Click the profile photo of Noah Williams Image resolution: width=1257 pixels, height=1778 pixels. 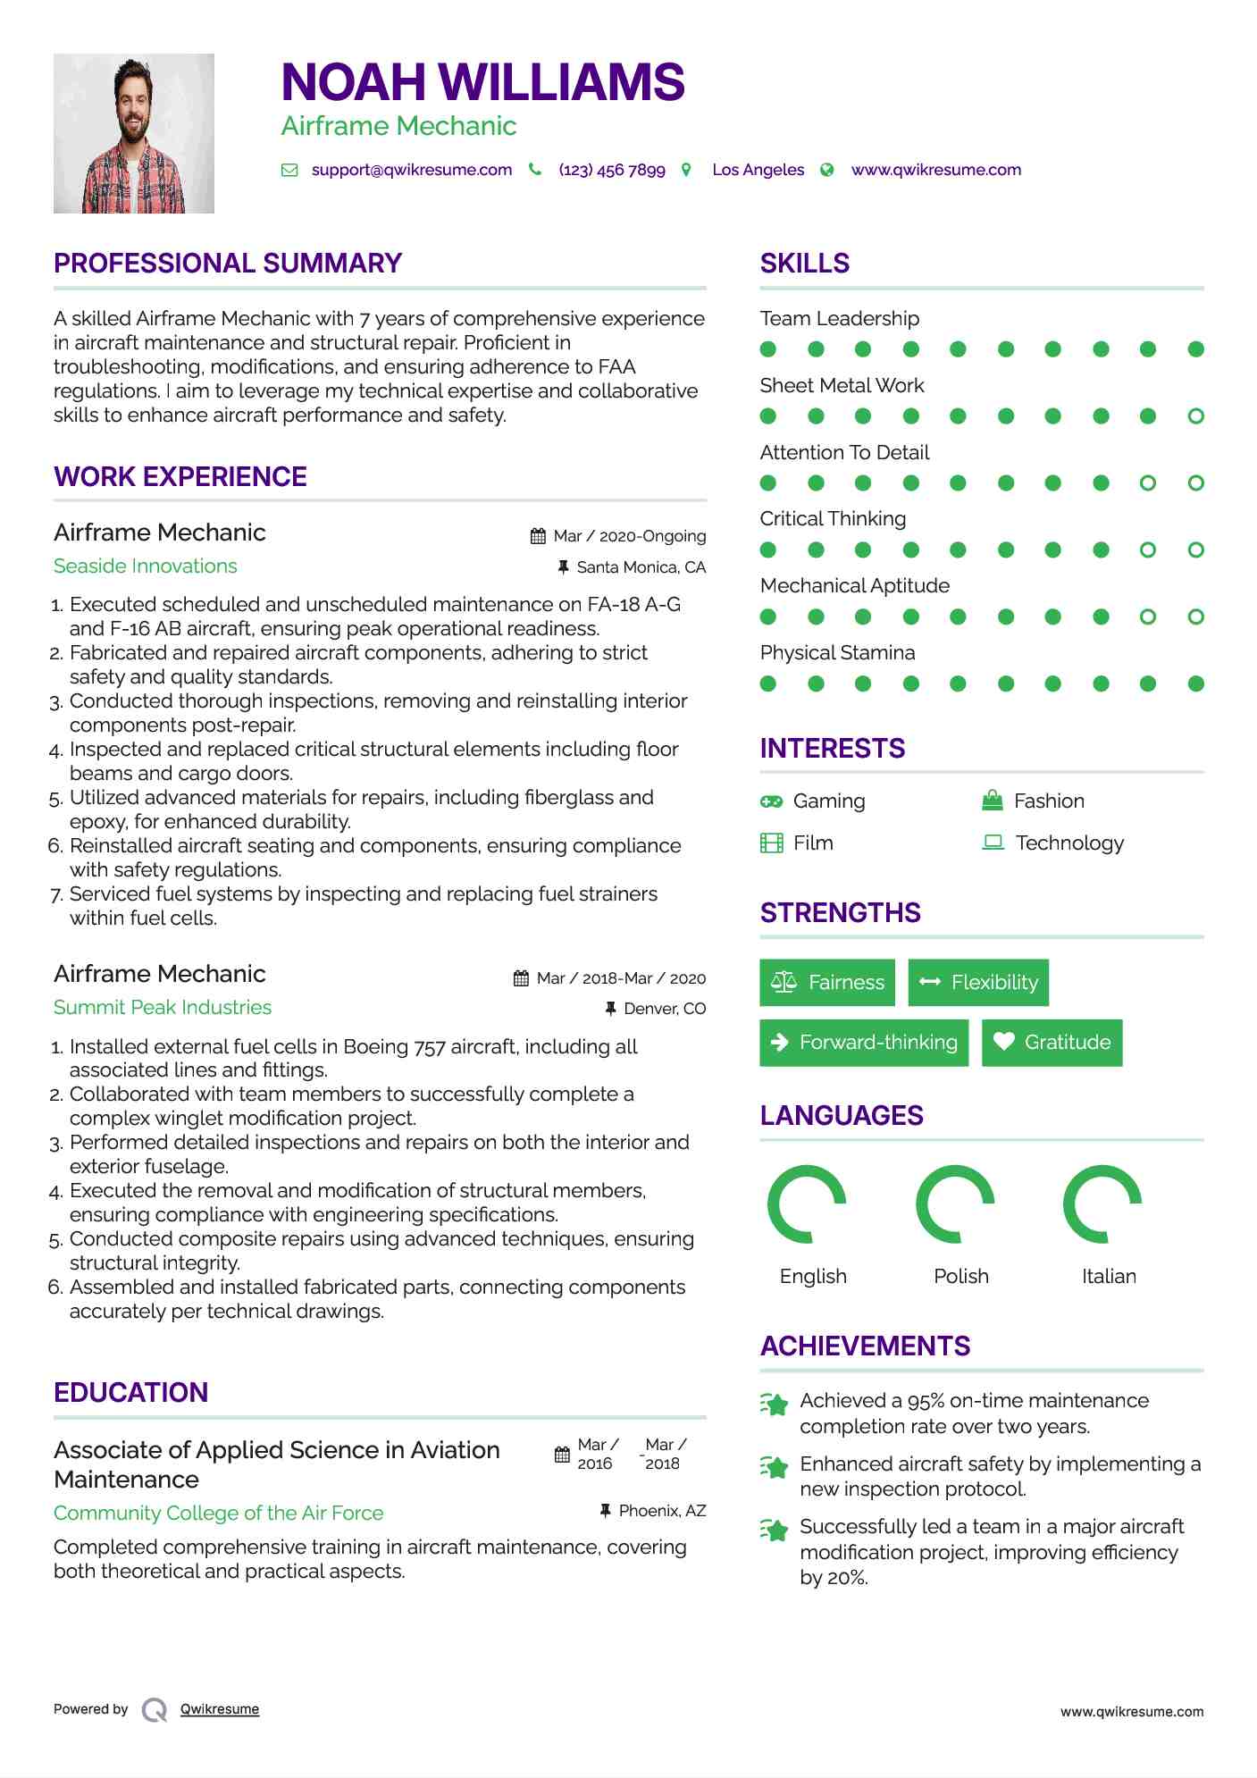134,134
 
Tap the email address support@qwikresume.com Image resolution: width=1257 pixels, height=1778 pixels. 412,170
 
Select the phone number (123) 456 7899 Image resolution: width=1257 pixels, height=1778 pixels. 612,170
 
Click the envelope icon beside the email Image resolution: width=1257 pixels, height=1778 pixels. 289,170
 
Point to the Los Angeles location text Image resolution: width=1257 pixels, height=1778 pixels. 758,170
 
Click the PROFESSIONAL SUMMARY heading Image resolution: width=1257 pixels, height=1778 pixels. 228,264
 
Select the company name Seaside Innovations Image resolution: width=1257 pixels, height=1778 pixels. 146,566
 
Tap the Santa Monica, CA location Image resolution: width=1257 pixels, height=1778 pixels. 641,567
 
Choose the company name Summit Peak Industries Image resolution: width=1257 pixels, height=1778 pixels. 163,1008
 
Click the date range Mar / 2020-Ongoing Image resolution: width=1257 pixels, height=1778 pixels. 629,536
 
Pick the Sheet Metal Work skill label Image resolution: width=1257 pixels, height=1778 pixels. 842,386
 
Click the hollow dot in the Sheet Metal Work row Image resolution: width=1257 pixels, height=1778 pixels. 1195,416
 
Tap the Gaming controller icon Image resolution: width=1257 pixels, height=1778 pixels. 771,801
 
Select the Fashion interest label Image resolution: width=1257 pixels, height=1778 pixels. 1049,801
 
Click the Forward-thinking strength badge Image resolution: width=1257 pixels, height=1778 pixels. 864,1043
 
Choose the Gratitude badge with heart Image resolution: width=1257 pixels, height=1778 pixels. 1052,1043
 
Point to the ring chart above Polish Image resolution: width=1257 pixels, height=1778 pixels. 955,1204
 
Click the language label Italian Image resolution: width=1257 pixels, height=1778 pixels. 1109,1277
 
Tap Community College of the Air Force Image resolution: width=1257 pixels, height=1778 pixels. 219,1514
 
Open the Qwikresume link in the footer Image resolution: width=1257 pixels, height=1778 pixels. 220,1709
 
